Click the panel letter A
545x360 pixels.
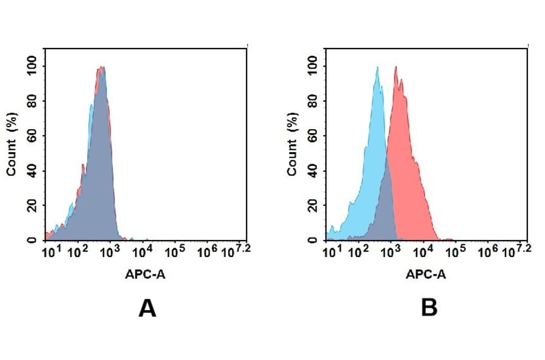(147, 309)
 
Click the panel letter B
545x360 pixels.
(429, 309)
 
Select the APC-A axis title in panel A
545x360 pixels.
(145, 275)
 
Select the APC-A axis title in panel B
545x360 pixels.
(426, 275)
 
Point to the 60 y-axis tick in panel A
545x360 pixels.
(31, 136)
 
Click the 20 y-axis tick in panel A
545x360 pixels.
(31, 205)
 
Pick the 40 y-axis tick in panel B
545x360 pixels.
(312, 171)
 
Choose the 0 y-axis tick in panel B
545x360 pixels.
(312, 240)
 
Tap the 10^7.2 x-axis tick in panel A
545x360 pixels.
(233, 250)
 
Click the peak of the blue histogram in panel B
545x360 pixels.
(377, 67)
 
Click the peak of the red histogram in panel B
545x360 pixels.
(395, 67)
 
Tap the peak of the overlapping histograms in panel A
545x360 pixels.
(102, 67)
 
